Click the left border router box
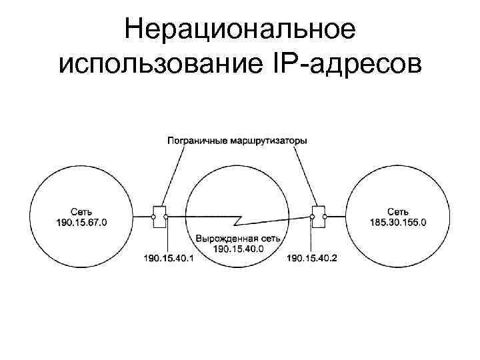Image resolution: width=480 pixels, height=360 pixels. click(x=159, y=217)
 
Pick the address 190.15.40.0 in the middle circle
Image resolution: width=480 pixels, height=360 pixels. click(x=239, y=248)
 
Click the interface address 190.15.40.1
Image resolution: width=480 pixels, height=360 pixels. click(x=168, y=257)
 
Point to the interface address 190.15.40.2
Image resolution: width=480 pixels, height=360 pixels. click(x=311, y=257)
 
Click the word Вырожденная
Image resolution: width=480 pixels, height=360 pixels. click(x=222, y=239)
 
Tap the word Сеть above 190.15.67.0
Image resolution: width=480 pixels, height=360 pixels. click(x=80, y=212)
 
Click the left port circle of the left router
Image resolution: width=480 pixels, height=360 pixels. click(x=153, y=217)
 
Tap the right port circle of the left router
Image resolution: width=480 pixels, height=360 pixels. click(x=166, y=217)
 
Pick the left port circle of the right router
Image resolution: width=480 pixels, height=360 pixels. click(x=312, y=217)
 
